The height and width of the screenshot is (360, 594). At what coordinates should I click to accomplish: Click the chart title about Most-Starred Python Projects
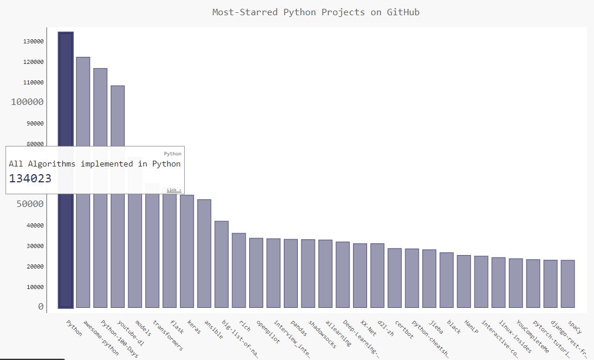[x=315, y=12]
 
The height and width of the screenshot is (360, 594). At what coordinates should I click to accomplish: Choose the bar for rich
[x=239, y=270]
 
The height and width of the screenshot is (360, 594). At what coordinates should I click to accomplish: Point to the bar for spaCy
[x=568, y=284]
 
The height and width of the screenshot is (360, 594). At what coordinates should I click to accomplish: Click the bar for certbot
[x=395, y=278]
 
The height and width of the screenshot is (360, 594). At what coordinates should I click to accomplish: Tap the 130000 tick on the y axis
[x=33, y=42]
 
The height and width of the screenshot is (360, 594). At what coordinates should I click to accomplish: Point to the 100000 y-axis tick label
[x=28, y=102]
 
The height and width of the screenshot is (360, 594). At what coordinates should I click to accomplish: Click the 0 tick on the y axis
[x=40, y=307]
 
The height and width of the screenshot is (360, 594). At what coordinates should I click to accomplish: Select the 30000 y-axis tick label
[x=33, y=246]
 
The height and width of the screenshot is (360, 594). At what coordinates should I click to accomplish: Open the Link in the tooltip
[x=174, y=190]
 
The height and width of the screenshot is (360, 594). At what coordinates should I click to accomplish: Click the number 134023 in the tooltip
[x=30, y=178]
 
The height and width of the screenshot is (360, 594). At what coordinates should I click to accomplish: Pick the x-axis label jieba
[x=436, y=327]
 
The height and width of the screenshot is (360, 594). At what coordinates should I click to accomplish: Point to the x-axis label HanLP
[x=471, y=327]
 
